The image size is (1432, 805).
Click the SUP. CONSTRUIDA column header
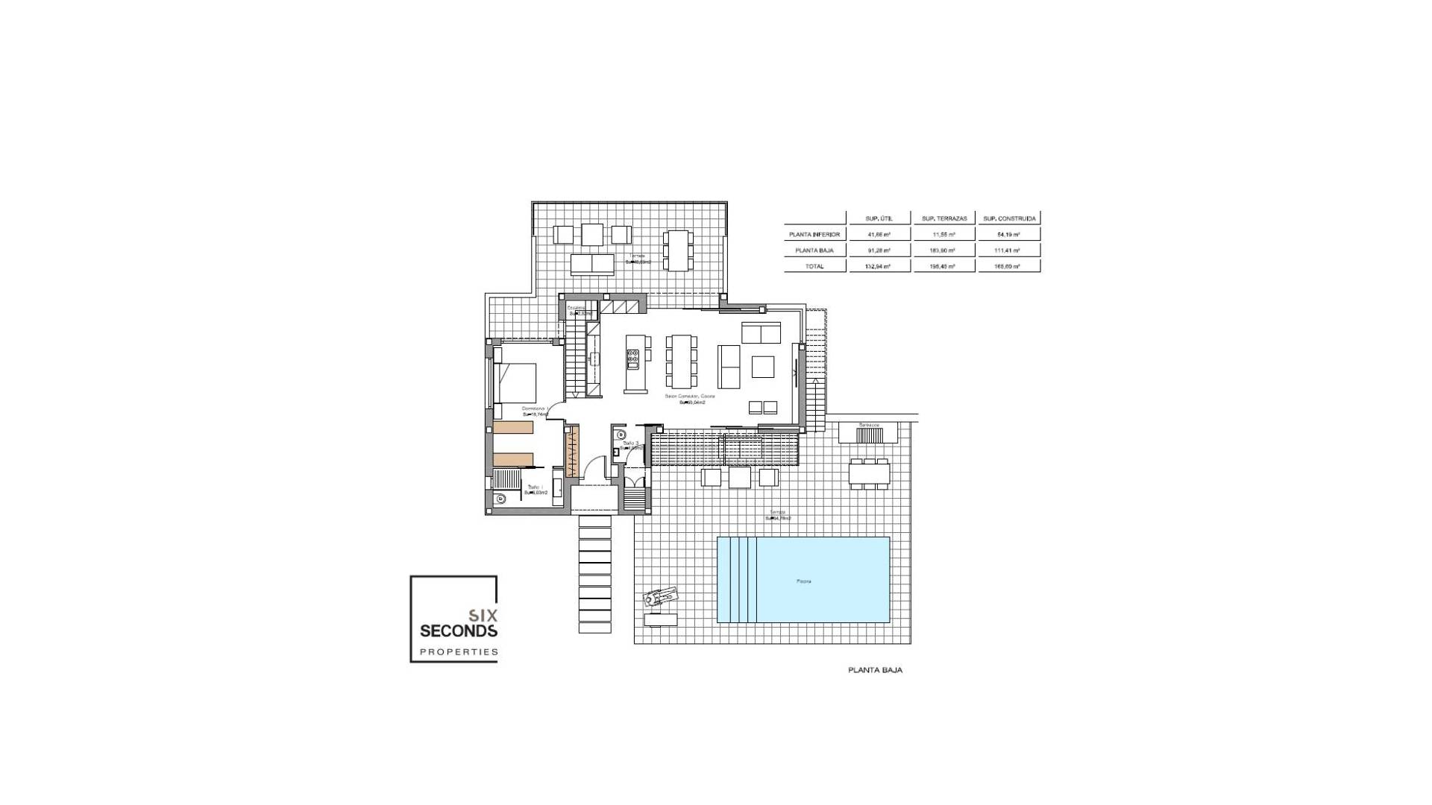click(x=1009, y=218)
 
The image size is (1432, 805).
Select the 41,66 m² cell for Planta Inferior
click(x=880, y=234)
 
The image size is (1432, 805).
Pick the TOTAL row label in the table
click(x=814, y=266)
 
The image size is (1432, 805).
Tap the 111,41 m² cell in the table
click(x=1009, y=250)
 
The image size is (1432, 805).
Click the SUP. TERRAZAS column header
click(x=944, y=218)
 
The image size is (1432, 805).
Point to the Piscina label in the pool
click(x=803, y=581)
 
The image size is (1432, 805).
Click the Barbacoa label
click(x=869, y=425)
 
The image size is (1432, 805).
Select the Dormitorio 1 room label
click(x=535, y=408)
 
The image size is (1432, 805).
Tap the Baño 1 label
click(x=534, y=487)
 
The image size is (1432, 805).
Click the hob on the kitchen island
click(x=633, y=361)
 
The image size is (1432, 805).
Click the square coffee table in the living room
click(x=763, y=367)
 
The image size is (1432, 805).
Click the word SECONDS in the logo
click(x=459, y=631)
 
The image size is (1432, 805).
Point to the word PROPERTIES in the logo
click(x=459, y=652)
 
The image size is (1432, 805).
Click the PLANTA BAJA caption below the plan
click(x=875, y=670)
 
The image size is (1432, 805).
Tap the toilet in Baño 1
click(x=500, y=499)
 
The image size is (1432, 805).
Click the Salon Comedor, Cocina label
click(x=690, y=397)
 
